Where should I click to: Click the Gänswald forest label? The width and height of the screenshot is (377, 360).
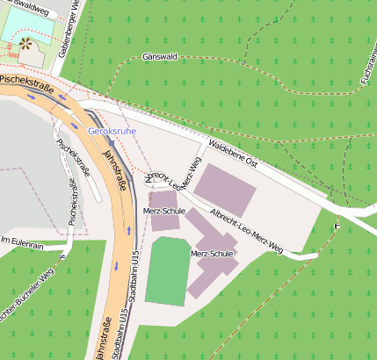159,56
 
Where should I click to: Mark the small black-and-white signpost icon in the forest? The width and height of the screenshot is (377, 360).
336,227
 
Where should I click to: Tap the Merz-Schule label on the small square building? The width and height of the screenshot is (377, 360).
163,212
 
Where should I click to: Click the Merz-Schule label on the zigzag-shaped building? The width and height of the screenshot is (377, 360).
212,254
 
